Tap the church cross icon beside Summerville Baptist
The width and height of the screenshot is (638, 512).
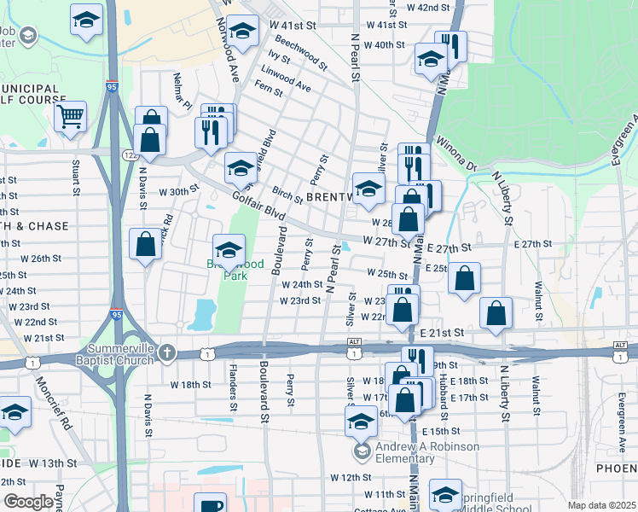167,352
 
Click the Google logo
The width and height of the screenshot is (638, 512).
27,502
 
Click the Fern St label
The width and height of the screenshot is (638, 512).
268,90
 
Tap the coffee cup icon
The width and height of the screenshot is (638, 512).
210,504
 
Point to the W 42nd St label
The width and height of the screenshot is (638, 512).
428,7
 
